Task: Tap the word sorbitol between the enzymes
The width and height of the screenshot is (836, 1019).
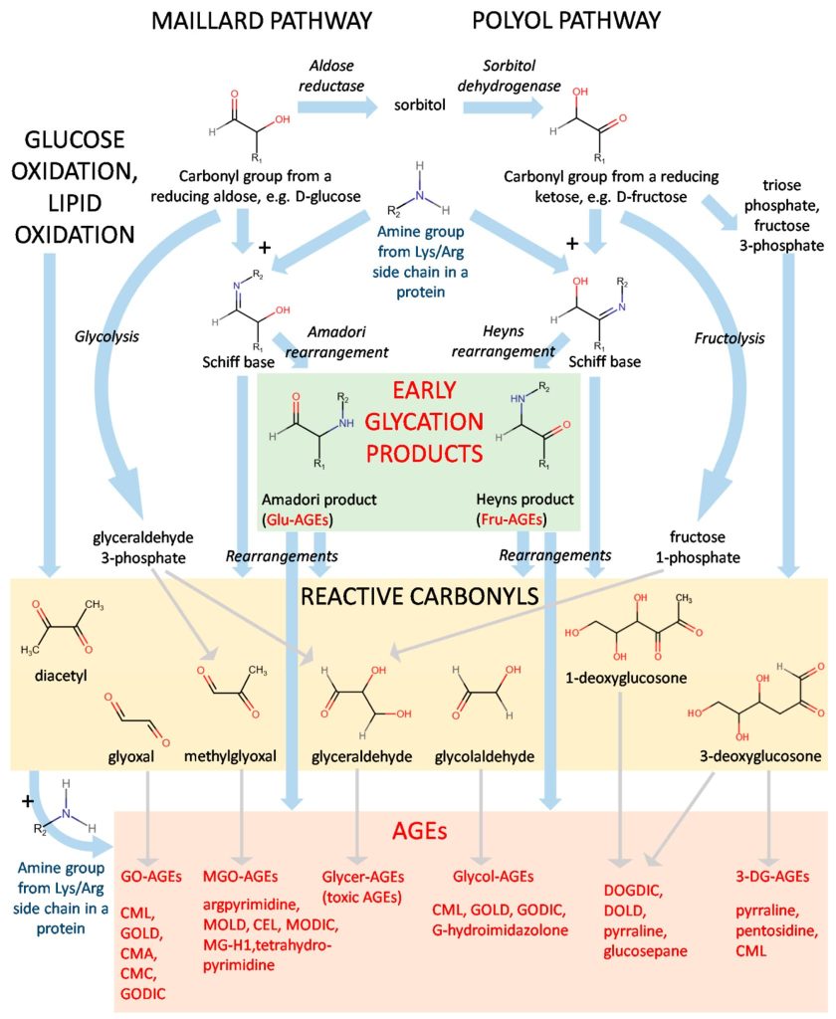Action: click(417, 104)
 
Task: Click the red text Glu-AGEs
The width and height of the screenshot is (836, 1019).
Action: click(296, 518)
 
